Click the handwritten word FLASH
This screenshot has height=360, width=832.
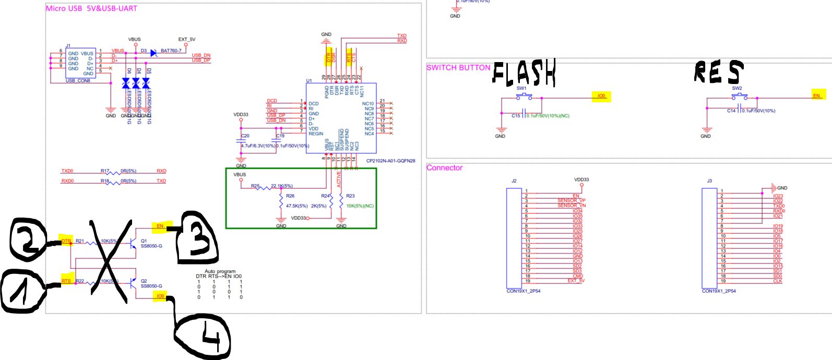coord(524,73)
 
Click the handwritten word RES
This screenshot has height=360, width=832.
coord(718,72)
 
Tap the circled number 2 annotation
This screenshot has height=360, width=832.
coord(29,239)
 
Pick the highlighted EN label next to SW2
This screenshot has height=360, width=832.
coord(816,96)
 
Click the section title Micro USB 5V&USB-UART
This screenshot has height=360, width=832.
coord(91,8)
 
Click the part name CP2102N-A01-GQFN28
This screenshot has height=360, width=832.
coord(390,162)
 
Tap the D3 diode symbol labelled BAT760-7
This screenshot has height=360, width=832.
coord(153,53)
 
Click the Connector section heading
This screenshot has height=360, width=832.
coord(444,168)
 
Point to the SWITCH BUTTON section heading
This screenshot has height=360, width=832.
coord(458,68)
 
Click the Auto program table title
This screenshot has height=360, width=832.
coord(220,271)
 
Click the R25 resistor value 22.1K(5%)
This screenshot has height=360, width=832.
coord(281,186)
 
